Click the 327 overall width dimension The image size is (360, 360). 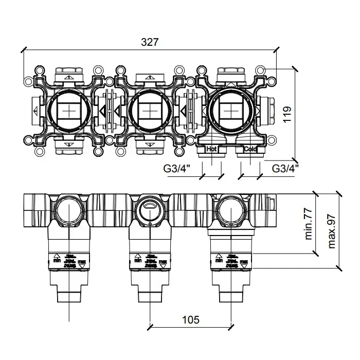coord(149,42)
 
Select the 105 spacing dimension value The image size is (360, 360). coord(191,319)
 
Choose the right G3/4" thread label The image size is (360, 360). coord(285,168)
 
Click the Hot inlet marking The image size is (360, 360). coord(212,149)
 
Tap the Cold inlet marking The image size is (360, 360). coord(250,149)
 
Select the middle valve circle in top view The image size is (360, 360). coord(149,111)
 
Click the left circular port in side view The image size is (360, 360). coord(68,209)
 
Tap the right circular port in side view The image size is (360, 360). coord(230,209)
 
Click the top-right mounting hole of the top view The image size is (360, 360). coord(261,69)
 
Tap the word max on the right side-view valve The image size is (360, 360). coord(244,261)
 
